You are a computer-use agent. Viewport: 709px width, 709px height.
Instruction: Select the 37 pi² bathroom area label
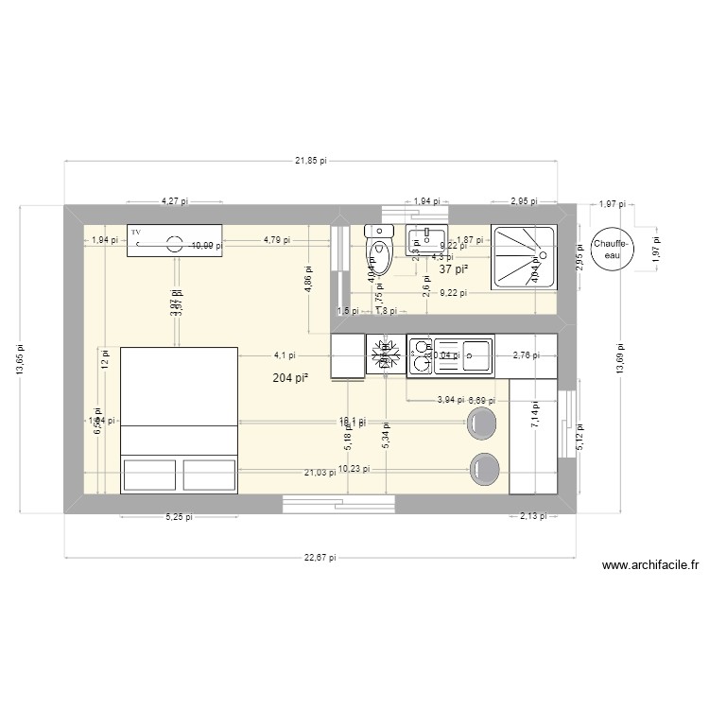point(454,269)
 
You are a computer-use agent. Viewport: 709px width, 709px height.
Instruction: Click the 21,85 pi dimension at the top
point(310,161)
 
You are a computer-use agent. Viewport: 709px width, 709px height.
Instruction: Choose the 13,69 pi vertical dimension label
point(620,358)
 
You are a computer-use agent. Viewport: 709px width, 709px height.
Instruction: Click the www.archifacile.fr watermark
point(648,566)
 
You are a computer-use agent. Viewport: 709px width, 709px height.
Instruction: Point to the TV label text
point(136,232)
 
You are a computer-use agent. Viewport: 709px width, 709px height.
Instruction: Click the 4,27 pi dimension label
point(174,200)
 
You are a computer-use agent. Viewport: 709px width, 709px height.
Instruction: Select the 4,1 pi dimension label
point(285,355)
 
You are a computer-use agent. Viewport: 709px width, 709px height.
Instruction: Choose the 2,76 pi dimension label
point(526,355)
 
